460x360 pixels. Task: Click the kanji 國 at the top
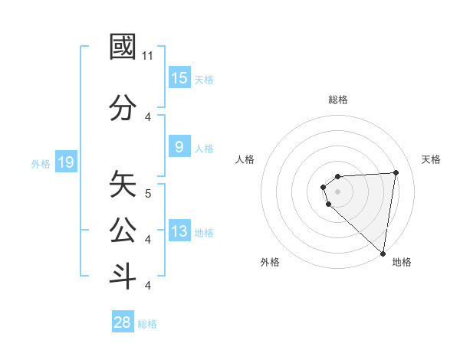pyautogui.click(x=123, y=47)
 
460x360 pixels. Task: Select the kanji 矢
pyautogui.click(x=123, y=185)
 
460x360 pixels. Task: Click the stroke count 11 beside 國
pyautogui.click(x=148, y=56)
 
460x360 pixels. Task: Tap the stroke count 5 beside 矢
pyautogui.click(x=148, y=194)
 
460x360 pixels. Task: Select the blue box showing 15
pyautogui.click(x=179, y=78)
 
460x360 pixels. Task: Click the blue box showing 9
pyautogui.click(x=179, y=147)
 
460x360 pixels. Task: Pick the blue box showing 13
pyautogui.click(x=179, y=231)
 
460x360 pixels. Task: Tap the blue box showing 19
pyautogui.click(x=65, y=162)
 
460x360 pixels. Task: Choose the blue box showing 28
pyautogui.click(x=123, y=322)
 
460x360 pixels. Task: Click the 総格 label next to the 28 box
pyautogui.click(x=148, y=324)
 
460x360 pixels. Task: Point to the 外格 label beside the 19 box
pyautogui.click(x=41, y=163)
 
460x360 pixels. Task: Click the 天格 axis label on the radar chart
pyautogui.click(x=432, y=159)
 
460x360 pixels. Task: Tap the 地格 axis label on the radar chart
pyautogui.click(x=402, y=262)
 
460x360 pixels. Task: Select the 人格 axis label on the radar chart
pyautogui.click(x=245, y=159)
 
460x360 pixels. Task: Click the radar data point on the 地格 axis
pyautogui.click(x=383, y=254)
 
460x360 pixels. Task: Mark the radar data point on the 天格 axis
pyautogui.click(x=396, y=172)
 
